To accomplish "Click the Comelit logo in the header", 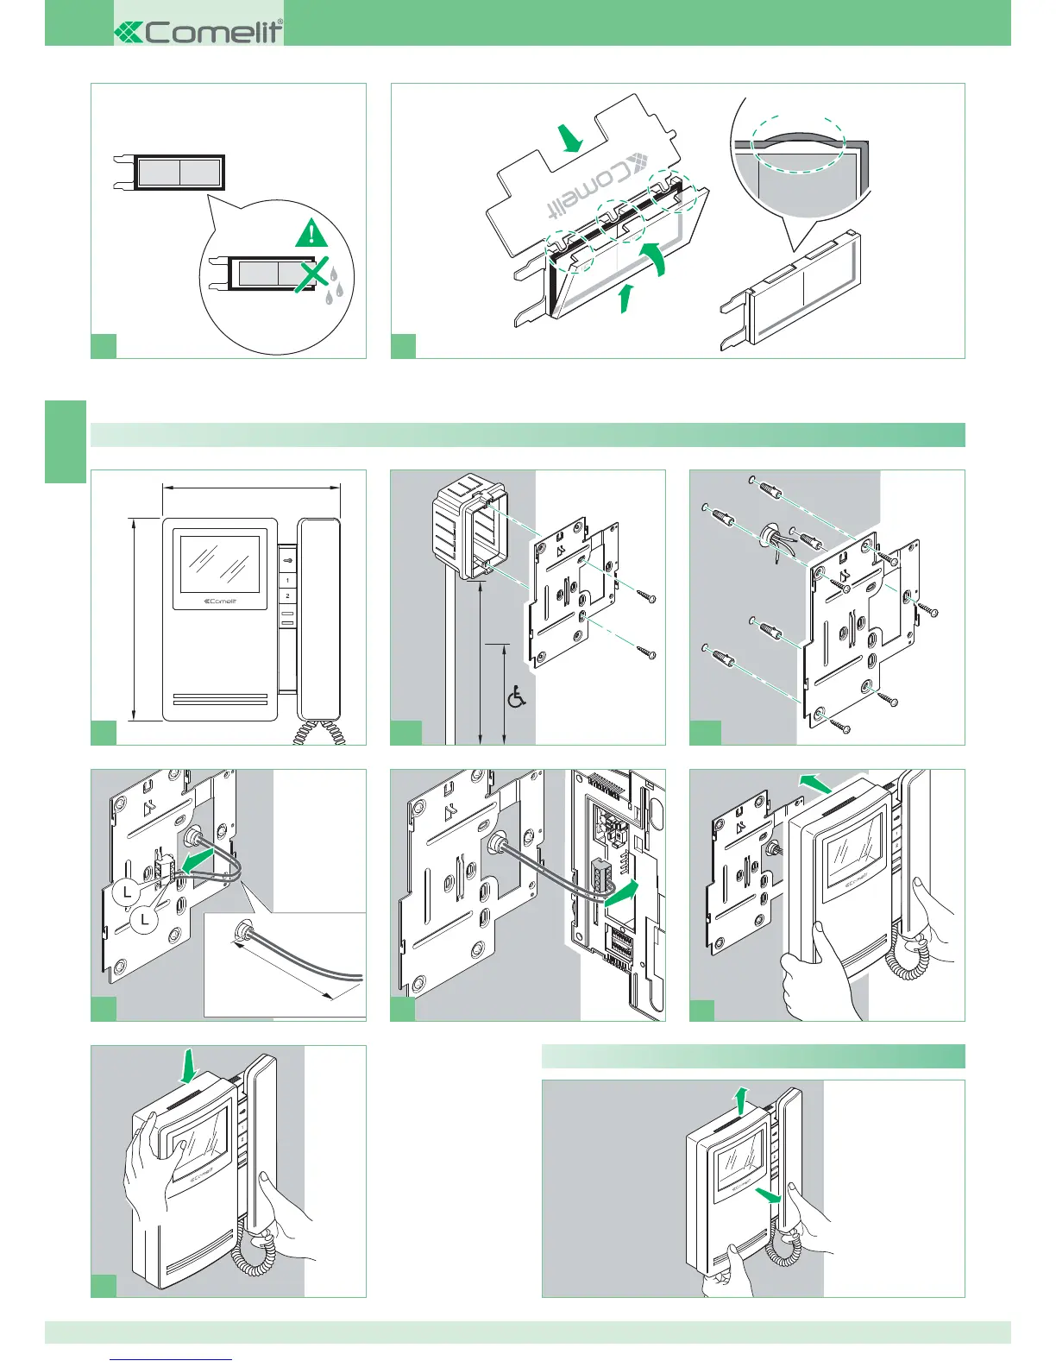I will pyautogui.click(x=198, y=32).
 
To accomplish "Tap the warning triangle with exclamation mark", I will pyautogui.click(x=311, y=234).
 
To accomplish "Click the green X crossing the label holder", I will pyautogui.click(x=314, y=274).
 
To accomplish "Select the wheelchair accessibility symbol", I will pyautogui.click(x=517, y=697).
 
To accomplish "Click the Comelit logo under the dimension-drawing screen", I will pyautogui.click(x=219, y=602).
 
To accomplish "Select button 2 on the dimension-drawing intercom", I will pyautogui.click(x=287, y=596).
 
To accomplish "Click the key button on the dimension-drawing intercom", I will pyautogui.click(x=287, y=560).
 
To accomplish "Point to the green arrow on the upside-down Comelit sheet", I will pyautogui.click(x=569, y=138).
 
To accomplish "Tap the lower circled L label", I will pyautogui.click(x=145, y=920).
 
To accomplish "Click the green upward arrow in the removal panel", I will pyautogui.click(x=739, y=1101).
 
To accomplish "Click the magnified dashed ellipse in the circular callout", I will pyautogui.click(x=797, y=146).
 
